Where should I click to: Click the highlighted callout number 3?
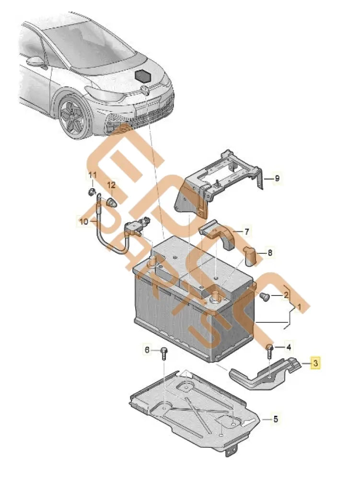[x=315, y=364]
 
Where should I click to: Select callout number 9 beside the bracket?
[x=276, y=179]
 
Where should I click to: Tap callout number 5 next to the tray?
[x=276, y=420]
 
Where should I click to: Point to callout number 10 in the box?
[x=83, y=222]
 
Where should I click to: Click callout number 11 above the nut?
[x=93, y=176]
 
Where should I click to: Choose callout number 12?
[x=111, y=185]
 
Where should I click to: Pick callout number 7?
[x=246, y=232]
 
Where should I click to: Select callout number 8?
[x=269, y=252]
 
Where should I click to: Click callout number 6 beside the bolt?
[x=148, y=351]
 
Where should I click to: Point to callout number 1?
[x=298, y=306]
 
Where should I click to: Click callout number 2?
[x=286, y=296]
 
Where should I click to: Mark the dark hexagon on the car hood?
[x=143, y=76]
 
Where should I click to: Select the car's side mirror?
[x=36, y=62]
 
